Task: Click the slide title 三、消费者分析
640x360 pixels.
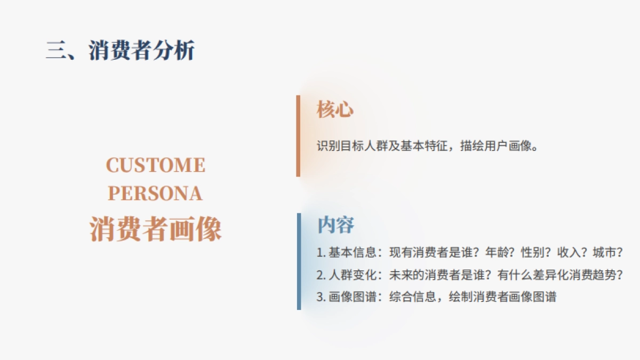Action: (x=120, y=51)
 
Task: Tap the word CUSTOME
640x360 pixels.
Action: (x=155, y=165)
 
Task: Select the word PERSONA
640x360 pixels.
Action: (x=155, y=194)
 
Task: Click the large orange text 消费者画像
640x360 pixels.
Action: (x=155, y=230)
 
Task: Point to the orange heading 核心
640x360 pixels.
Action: (x=335, y=109)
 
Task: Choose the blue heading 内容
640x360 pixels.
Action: (x=335, y=225)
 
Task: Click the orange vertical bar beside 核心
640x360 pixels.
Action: (x=298, y=135)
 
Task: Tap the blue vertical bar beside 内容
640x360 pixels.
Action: (x=299, y=261)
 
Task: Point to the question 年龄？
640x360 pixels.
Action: (x=500, y=252)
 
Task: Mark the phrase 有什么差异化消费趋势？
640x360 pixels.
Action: (x=561, y=275)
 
